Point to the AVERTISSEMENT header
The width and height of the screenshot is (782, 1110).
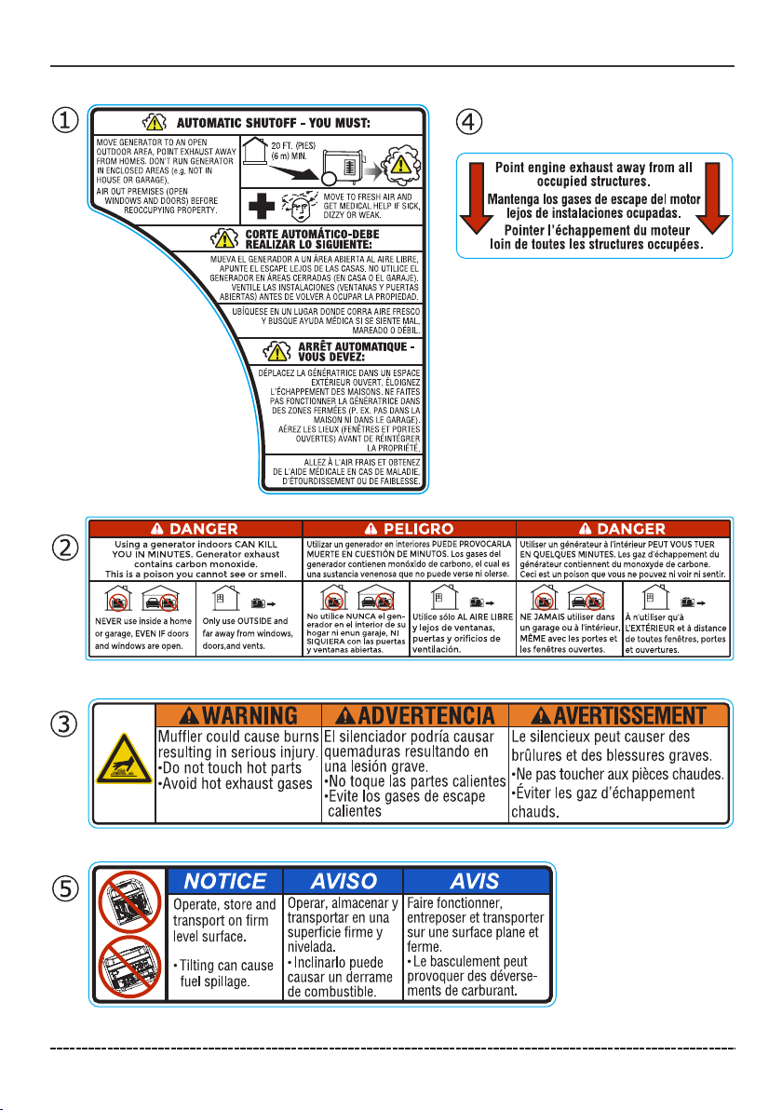tap(618, 716)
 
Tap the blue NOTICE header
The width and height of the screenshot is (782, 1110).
tap(223, 881)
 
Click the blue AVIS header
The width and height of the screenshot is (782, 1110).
tap(475, 881)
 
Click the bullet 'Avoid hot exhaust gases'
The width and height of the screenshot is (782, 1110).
tap(238, 783)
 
